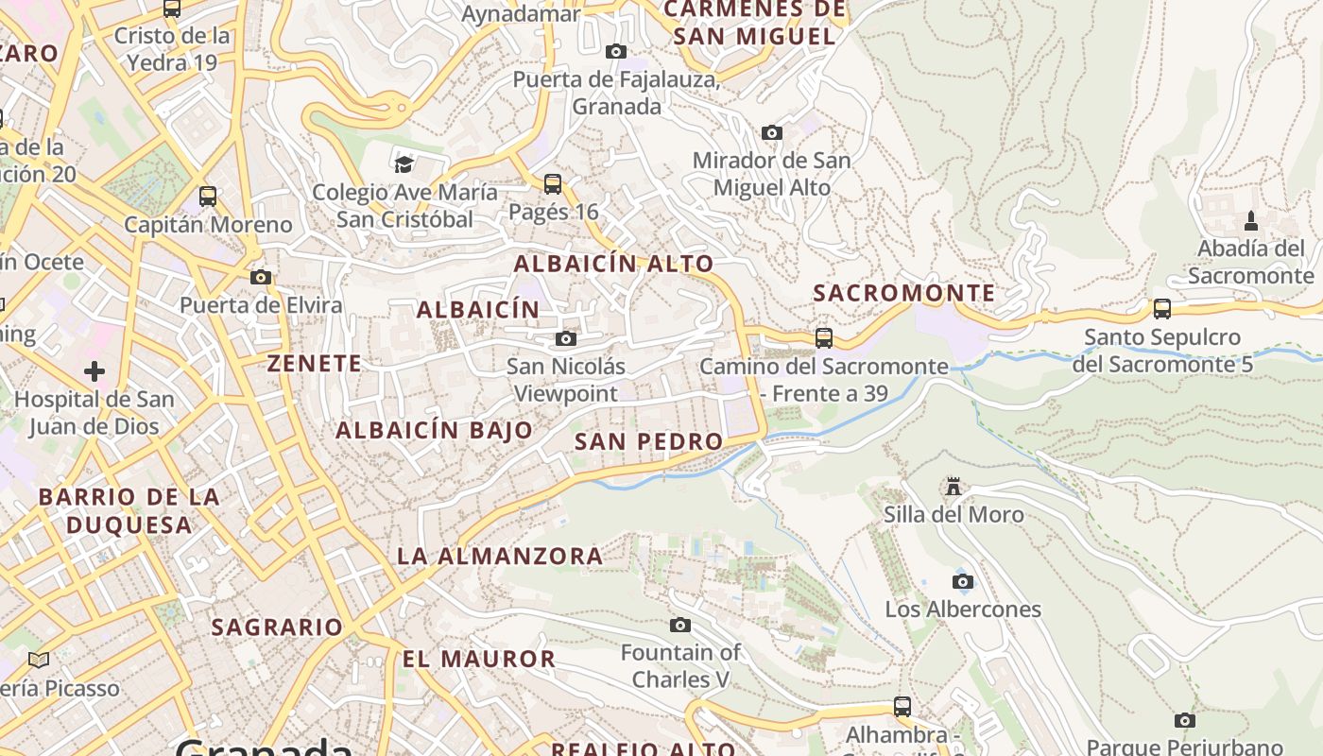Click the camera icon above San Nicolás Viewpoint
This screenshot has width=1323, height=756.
pyautogui.click(x=566, y=338)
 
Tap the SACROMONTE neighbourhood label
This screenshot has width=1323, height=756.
pyautogui.click(x=904, y=293)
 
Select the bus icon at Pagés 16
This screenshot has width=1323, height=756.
pyautogui.click(x=553, y=183)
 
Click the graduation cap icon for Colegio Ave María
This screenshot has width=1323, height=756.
pyautogui.click(x=404, y=164)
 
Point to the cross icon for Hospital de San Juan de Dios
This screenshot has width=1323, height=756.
pyautogui.click(x=94, y=371)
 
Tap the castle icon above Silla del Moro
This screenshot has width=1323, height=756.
pyautogui.click(x=954, y=487)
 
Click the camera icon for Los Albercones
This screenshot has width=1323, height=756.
pyautogui.click(x=963, y=581)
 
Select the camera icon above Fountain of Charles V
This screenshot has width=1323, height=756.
pyautogui.click(x=680, y=625)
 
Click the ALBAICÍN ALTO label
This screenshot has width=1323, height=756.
pyautogui.click(x=613, y=265)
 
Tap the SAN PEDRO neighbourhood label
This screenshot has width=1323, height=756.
pyautogui.click(x=648, y=441)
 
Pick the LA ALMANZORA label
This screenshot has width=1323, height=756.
pyautogui.click(x=500, y=556)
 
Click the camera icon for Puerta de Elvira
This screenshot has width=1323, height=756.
pyautogui.click(x=261, y=277)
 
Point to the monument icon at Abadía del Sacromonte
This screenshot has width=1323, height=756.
pyautogui.click(x=1251, y=221)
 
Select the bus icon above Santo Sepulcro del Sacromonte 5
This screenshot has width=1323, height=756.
pyautogui.click(x=1162, y=309)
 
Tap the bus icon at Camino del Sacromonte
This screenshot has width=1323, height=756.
pyautogui.click(x=824, y=337)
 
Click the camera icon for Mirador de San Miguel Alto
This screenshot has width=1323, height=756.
pyautogui.click(x=772, y=132)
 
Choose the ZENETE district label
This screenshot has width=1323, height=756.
pyautogui.click(x=315, y=364)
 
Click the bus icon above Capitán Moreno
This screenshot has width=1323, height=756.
pyautogui.click(x=208, y=197)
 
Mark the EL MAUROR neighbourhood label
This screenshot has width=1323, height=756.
pyautogui.click(x=479, y=659)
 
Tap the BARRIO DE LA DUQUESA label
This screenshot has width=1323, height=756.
pyautogui.click(x=129, y=510)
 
